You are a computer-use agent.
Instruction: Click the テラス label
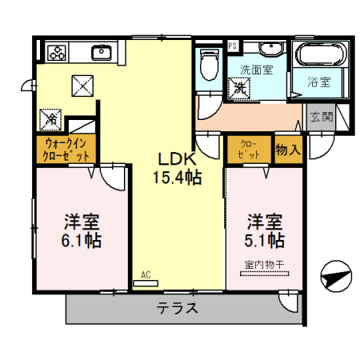pyautogui.click(x=177, y=308)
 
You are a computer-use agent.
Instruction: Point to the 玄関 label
pyautogui.click(x=321, y=118)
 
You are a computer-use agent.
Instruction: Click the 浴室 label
pyautogui.click(x=324, y=81)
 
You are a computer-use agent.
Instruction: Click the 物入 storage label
pyautogui.click(x=288, y=149)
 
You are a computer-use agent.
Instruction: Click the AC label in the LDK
pyautogui.click(x=146, y=275)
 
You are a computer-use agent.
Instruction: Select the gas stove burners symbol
pyautogui.click(x=58, y=53)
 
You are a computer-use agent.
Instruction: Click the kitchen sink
pyautogui.click(x=102, y=53)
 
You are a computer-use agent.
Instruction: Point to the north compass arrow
pyautogui.click(x=335, y=277)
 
